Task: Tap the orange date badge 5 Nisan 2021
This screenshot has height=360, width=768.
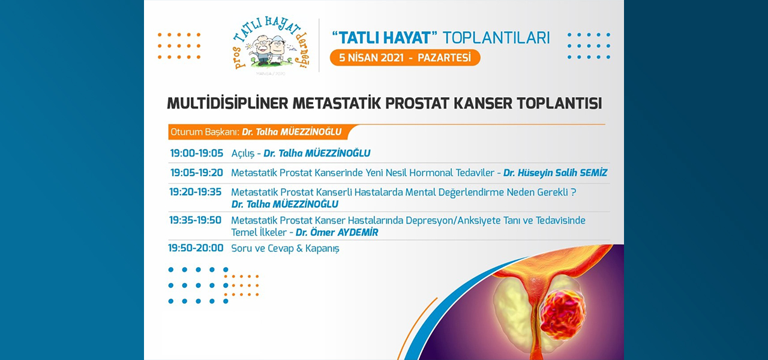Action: tap(405, 58)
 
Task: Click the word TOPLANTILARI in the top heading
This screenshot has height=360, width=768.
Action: tap(496, 38)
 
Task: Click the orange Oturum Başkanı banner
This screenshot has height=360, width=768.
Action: tap(260, 132)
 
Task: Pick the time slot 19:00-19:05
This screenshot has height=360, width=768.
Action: tap(196, 153)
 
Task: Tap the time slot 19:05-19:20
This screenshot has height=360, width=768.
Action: tap(196, 172)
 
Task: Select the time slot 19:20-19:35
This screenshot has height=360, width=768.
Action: tap(196, 191)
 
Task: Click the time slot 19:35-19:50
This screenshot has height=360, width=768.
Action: tap(195, 220)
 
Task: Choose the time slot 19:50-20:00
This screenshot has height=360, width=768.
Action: tap(196, 248)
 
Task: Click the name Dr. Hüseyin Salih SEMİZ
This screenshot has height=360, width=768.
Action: tap(555, 173)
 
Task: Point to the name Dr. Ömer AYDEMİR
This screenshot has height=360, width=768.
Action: tap(337, 232)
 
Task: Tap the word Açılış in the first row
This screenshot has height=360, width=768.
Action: tap(243, 154)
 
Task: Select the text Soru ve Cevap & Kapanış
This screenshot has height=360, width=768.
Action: tap(285, 248)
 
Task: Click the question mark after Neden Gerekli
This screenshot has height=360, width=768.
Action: tap(573, 192)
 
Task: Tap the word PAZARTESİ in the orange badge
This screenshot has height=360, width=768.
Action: tap(445, 58)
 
